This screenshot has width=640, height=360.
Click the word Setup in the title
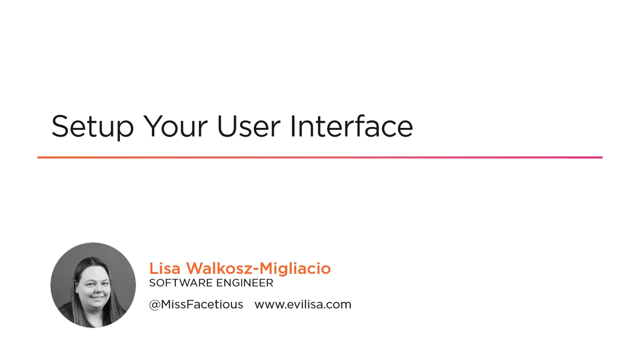pos(92,127)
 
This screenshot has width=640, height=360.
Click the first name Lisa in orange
pos(165,268)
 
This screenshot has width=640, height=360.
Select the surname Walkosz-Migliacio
pos(258,268)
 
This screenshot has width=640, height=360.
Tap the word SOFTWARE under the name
pos(178,283)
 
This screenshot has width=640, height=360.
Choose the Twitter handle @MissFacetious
pos(196,304)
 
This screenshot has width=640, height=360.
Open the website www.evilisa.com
pos(303,304)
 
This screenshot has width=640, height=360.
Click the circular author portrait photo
pos(93,285)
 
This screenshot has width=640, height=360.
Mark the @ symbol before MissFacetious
pos(155,305)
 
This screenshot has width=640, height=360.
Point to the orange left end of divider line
pos(38,157)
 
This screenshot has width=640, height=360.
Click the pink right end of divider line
pos(602,157)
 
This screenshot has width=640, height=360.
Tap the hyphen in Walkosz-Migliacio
pos(256,269)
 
